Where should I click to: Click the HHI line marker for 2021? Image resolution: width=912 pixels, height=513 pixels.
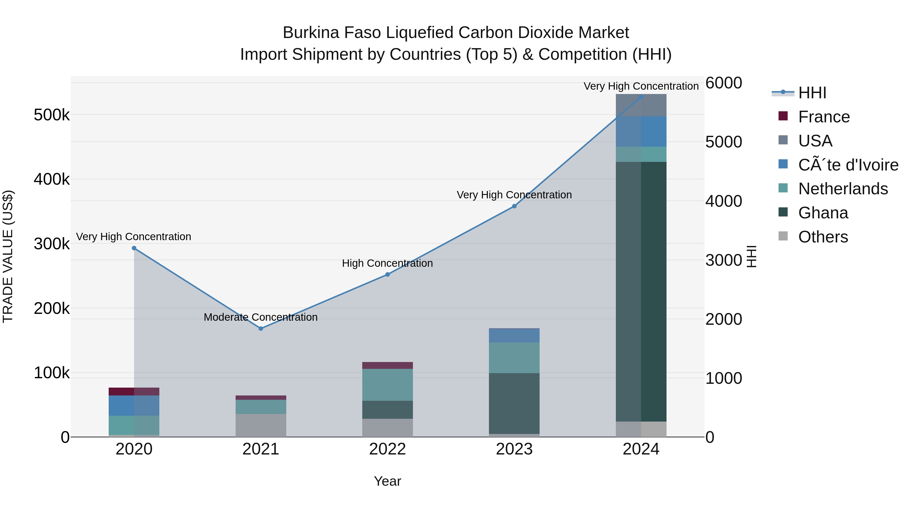pos(261,329)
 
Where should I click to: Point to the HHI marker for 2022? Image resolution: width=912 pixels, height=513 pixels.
pos(388,274)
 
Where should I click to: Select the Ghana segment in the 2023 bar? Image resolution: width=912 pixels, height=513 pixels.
pos(515,403)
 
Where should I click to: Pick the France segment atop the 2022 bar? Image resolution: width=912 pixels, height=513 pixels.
pos(388,365)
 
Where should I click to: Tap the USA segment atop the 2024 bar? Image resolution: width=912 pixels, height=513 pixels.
pos(641,105)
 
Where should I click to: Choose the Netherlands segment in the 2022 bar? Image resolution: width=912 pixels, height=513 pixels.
pos(388,385)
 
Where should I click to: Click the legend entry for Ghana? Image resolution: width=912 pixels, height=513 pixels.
pos(823,213)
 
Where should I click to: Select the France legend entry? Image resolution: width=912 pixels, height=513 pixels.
pos(824,117)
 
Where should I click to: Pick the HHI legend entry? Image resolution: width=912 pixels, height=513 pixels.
pos(812,93)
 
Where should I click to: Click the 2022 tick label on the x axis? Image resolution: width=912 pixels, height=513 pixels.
pos(388,449)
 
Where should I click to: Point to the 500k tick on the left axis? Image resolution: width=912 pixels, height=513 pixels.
pos(52,115)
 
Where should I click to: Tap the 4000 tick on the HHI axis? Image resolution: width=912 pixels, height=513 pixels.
pos(723,201)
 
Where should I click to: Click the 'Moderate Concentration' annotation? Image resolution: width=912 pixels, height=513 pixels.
pos(261,317)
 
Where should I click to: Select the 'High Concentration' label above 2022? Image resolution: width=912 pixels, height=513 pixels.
pos(387,263)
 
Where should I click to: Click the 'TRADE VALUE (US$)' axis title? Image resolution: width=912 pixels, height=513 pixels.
pos(8,256)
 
